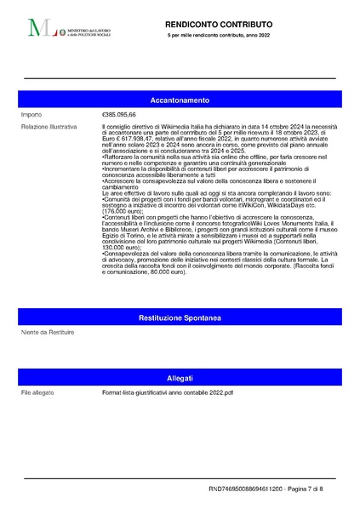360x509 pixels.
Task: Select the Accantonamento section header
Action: (180, 100)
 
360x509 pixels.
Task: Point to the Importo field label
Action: (31, 115)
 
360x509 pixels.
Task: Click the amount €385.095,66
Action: (119, 115)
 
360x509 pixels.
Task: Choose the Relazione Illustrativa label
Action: (49, 126)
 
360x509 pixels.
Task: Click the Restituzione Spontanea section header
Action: (180, 317)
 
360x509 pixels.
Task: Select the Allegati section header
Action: (180, 378)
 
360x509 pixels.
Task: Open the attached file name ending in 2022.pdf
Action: (168, 392)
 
